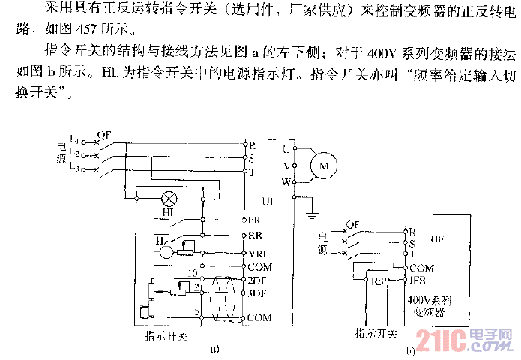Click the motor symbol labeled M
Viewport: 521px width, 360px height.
[324, 165]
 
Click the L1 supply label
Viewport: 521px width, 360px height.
[74, 139]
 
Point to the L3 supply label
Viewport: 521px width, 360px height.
[74, 169]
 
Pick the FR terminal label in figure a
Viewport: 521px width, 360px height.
[255, 220]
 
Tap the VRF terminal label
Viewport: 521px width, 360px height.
[258, 253]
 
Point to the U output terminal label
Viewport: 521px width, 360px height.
[286, 149]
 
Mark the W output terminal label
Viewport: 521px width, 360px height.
[286, 181]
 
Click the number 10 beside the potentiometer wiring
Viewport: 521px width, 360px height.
[193, 272]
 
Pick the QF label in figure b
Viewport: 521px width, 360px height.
[353, 223]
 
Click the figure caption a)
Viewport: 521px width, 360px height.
[215, 348]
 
